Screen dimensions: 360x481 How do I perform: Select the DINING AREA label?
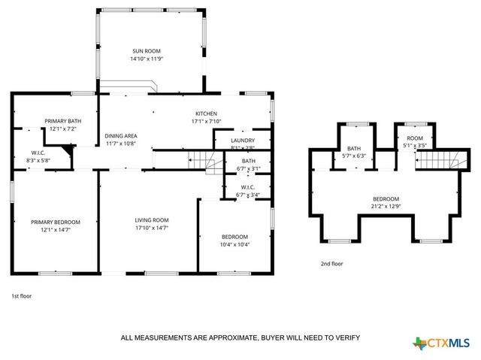pos(120,136)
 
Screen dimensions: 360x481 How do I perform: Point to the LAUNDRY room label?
pos(242,140)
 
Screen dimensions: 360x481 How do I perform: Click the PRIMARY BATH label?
pos(62,121)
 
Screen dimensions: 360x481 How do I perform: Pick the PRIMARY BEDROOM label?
pos(55,222)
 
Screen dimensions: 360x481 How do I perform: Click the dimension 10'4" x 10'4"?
pos(234,244)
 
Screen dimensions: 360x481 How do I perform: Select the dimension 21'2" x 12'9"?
pos(387,206)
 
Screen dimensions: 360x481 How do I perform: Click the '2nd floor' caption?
pos(331,264)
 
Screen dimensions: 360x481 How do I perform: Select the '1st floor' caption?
pos(21,296)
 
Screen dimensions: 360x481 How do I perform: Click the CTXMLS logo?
pos(444,343)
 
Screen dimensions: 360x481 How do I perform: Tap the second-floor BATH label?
pos(354,149)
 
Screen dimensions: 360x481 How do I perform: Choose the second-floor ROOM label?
pos(415,138)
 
